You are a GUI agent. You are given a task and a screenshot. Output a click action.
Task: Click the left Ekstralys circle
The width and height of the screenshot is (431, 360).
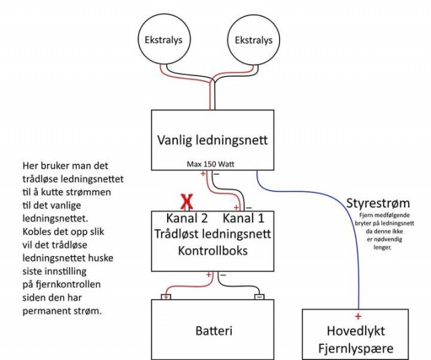[x=163, y=40]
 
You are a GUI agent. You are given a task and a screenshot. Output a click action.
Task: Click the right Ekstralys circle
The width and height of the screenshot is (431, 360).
[x=253, y=40]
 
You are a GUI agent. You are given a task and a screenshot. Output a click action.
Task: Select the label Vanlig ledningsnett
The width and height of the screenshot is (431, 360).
[x=212, y=141]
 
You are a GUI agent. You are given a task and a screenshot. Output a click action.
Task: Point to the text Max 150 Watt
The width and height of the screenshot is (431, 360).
[x=212, y=164]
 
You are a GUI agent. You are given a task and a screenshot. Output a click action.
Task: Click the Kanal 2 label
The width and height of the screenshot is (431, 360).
[x=186, y=219]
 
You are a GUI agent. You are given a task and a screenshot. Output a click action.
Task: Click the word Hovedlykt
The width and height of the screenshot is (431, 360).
[x=357, y=331]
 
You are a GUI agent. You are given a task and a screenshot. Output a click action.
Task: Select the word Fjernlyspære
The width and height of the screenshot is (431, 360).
[x=356, y=349]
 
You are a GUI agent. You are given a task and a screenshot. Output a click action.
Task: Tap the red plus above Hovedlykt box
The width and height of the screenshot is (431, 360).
[x=358, y=316]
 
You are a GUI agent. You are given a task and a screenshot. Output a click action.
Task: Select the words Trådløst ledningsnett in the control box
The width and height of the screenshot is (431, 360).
[x=213, y=234]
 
